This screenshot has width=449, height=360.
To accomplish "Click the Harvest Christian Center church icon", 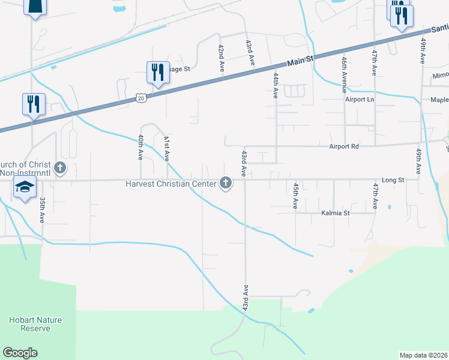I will coord(226,182).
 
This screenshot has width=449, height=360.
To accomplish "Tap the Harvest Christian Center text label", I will coord(170,183).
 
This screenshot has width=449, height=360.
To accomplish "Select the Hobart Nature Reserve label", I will coord(35,324).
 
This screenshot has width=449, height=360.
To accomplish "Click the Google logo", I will coord(20,353).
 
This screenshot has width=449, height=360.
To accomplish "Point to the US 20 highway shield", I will coord(140,97).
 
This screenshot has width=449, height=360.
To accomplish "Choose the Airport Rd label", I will coord(343,146).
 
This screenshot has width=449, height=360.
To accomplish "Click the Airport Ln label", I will coord(360,99).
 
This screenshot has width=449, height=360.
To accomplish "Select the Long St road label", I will coord(393,179).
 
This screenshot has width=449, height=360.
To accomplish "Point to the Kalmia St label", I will coord(335,213).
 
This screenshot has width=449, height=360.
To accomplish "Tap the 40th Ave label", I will coord(140,147).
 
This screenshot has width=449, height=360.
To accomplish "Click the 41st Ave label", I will coord(167,147).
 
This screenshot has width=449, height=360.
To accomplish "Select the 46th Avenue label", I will coord(344,72).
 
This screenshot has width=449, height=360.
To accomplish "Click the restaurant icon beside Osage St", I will coord(158,73).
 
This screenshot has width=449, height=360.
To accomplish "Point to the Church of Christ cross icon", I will coord(59,167).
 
